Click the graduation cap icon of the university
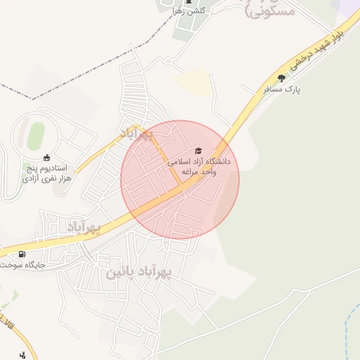[x=198, y=151]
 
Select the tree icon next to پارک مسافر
[x=282, y=78]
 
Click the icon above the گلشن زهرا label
[x=187, y=2]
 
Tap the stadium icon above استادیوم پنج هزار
[x=46, y=157]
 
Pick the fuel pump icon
[x=22, y=254]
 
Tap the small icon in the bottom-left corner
[x=22, y=354]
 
